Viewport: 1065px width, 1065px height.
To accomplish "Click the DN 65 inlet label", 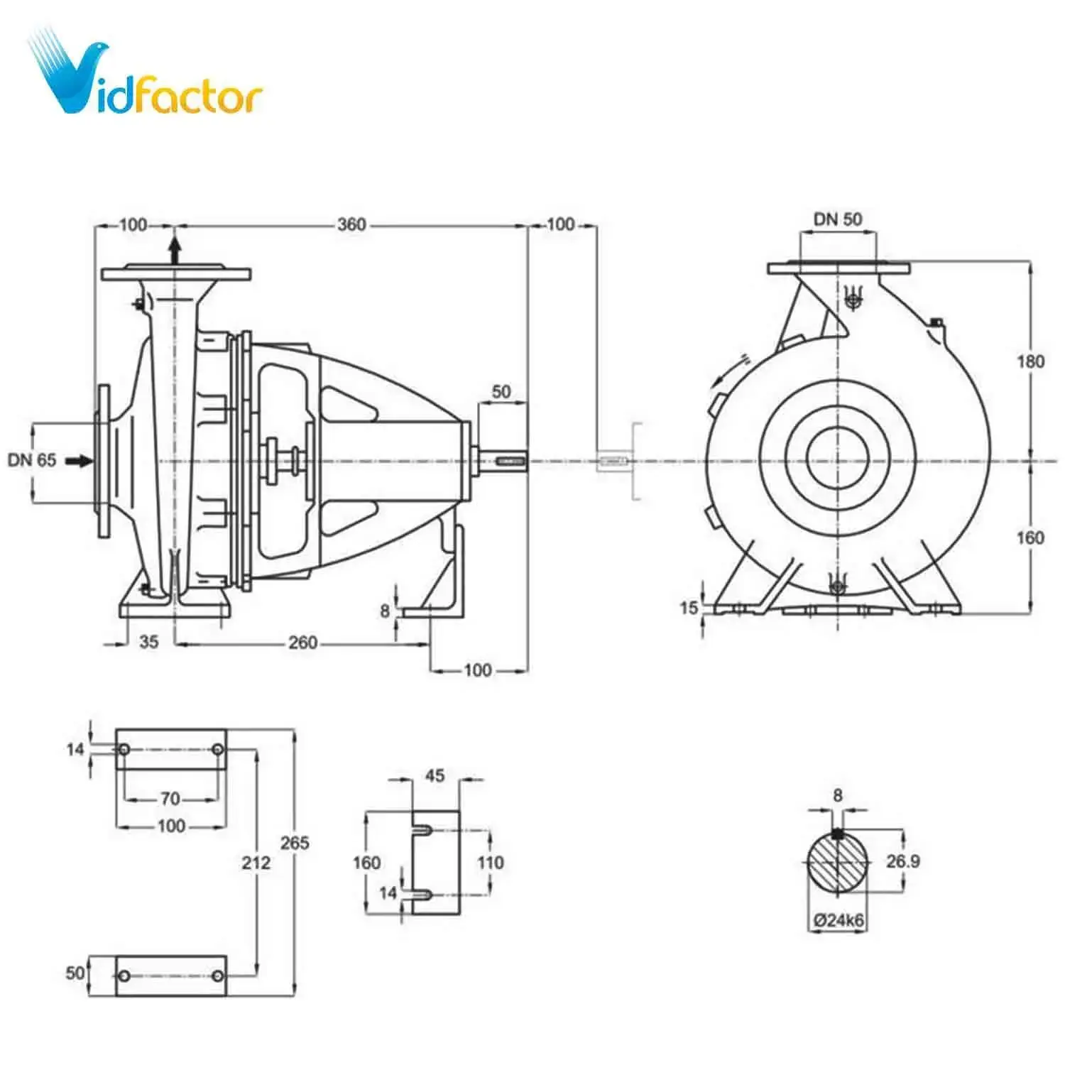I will tap(32, 460).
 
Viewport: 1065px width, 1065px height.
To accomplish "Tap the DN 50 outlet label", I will tap(838, 219).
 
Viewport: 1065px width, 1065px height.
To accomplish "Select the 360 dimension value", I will tap(351, 225).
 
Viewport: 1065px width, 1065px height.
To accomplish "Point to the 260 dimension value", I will tap(302, 643).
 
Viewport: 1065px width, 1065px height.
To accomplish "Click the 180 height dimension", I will tap(1030, 361).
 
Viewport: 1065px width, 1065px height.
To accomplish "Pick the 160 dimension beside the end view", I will tap(1030, 537).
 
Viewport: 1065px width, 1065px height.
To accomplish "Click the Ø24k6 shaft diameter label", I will tap(839, 920).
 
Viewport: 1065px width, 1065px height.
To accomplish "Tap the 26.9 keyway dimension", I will tap(903, 861).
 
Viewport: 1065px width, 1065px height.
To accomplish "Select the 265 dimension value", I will tap(294, 843).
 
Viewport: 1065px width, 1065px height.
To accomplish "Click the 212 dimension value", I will tap(256, 863).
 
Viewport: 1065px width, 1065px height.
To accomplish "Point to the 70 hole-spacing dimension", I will tap(170, 799).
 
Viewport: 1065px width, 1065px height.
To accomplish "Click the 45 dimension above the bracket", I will tap(435, 775).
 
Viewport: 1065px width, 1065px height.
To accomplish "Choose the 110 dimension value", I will tap(491, 863).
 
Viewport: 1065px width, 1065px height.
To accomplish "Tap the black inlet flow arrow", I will tap(80, 461).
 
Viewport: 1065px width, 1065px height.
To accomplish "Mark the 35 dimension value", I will tap(148, 642).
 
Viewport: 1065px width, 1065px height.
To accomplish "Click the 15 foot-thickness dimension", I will tap(689, 608).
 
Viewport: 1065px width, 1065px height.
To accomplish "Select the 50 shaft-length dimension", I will tap(501, 391).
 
